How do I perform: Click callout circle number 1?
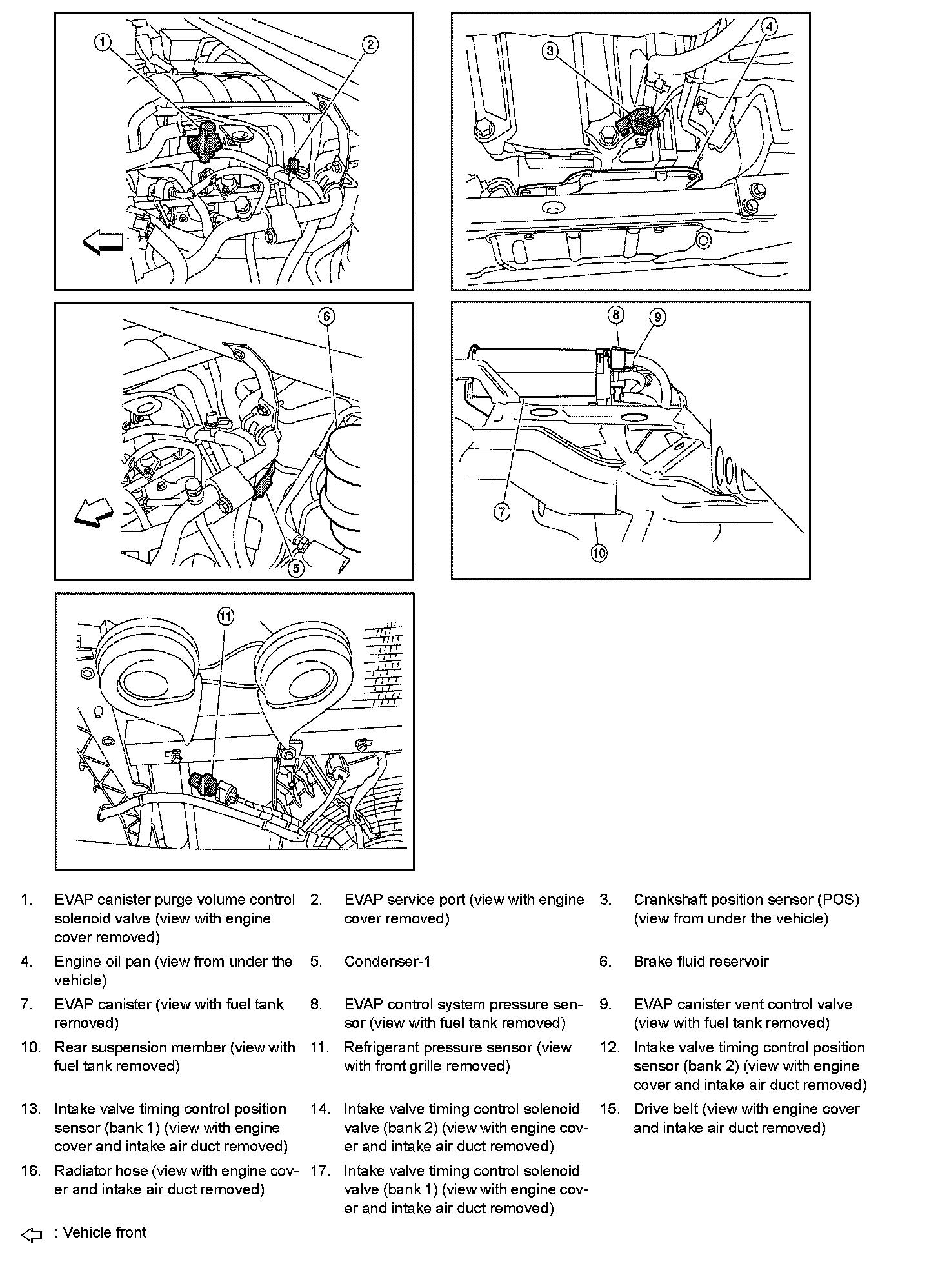pos(103,43)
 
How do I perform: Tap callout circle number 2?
pos(370,44)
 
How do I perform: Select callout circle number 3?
pos(550,50)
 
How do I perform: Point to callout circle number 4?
pos(768,26)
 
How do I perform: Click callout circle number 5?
pos(295,568)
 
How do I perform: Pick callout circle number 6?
pos(326,316)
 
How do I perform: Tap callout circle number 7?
pos(502,512)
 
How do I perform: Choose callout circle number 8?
pos(616,315)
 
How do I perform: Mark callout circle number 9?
pos(657,317)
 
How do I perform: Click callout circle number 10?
pos(599,553)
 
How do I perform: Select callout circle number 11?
pos(225,617)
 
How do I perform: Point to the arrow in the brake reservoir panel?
pos(94,515)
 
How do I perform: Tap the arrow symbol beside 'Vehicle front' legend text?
pos(32,1236)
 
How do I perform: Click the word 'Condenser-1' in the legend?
pos(387,962)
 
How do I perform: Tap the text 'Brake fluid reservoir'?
pos(701,962)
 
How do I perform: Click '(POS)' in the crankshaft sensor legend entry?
pos(838,900)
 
